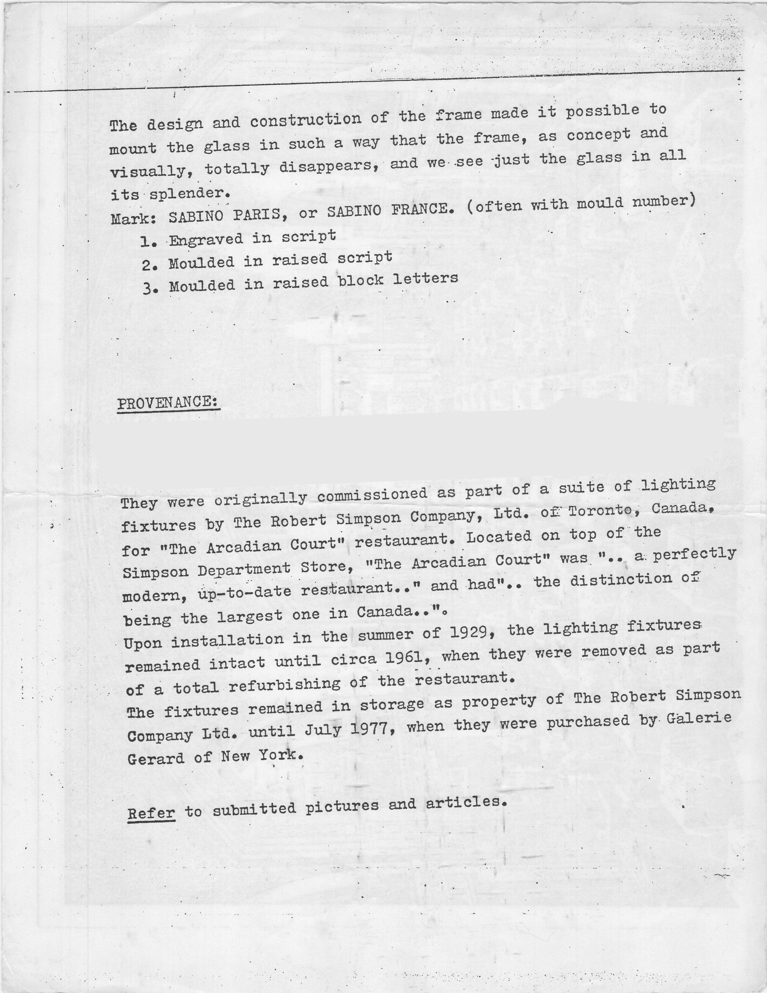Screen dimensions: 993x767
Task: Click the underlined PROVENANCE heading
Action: click(x=168, y=402)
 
